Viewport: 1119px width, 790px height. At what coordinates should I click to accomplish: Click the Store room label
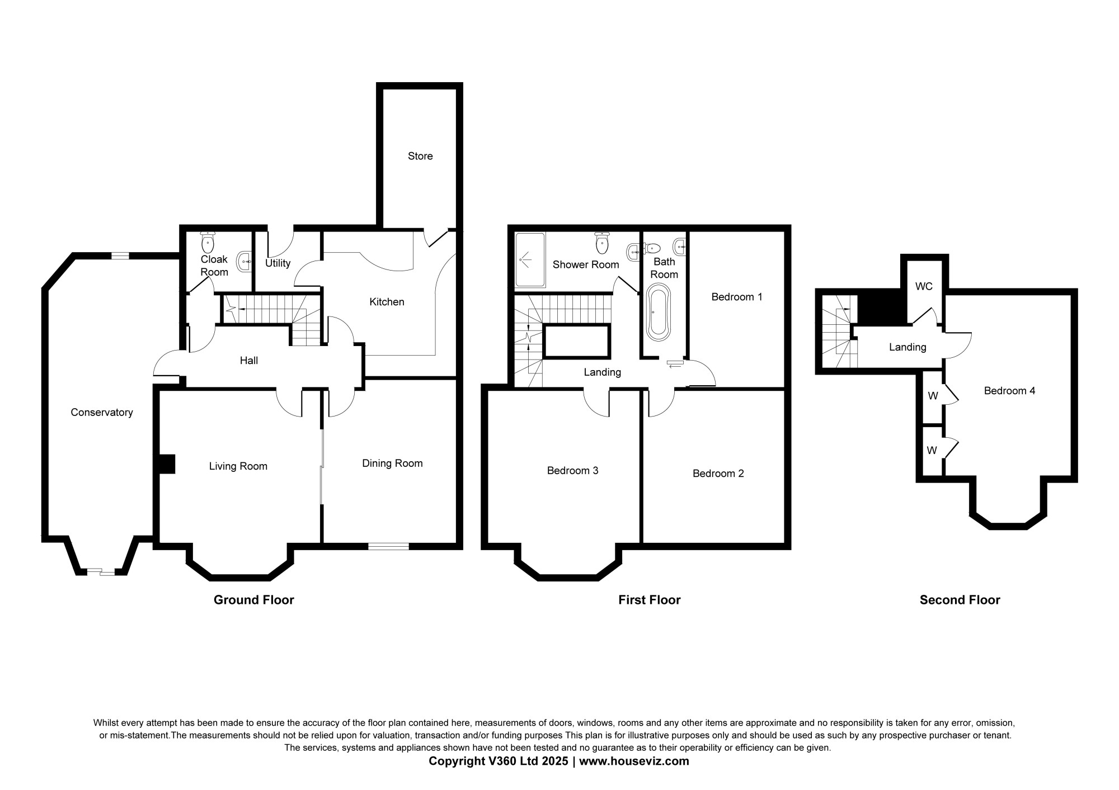(420, 156)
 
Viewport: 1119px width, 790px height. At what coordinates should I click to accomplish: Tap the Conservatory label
(102, 413)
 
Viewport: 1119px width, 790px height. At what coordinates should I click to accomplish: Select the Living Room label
(238, 466)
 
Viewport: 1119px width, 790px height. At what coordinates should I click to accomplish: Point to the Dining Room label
(392, 463)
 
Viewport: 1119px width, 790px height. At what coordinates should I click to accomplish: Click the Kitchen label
(387, 302)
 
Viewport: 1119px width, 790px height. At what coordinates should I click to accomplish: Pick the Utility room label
(278, 263)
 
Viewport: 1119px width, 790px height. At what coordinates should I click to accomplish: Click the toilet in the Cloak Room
(208, 242)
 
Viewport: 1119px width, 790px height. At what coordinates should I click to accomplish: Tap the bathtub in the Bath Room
(658, 313)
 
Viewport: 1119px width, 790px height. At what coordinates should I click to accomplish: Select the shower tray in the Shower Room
(529, 260)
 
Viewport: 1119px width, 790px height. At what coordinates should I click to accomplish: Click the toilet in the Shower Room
(602, 242)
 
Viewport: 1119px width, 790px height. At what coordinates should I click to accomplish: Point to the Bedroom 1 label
(737, 297)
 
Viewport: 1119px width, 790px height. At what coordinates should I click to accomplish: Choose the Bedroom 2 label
(718, 474)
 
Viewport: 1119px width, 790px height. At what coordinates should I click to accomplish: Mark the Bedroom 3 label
(573, 471)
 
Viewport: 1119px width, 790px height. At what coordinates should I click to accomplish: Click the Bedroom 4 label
(1010, 391)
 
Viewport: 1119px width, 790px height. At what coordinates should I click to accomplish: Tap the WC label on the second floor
(924, 286)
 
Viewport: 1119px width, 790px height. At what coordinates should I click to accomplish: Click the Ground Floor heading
(254, 600)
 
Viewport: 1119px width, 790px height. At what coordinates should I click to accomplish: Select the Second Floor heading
(960, 600)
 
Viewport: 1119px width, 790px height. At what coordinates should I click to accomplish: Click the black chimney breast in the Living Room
(166, 464)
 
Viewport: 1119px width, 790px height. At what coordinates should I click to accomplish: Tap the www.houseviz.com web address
(634, 761)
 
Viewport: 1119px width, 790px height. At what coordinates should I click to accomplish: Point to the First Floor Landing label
(603, 372)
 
